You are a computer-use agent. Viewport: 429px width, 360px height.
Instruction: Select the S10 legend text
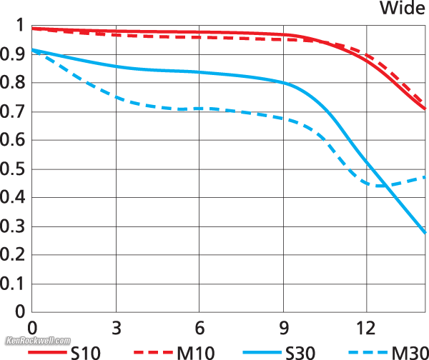coord(87,351)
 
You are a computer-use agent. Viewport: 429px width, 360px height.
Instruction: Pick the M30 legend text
coord(408,351)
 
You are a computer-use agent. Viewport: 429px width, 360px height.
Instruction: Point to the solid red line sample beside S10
coord(47,351)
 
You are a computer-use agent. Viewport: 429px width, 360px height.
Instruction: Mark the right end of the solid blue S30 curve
coord(426,233)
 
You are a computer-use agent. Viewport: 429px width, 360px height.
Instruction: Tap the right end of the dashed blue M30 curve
coord(426,176)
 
